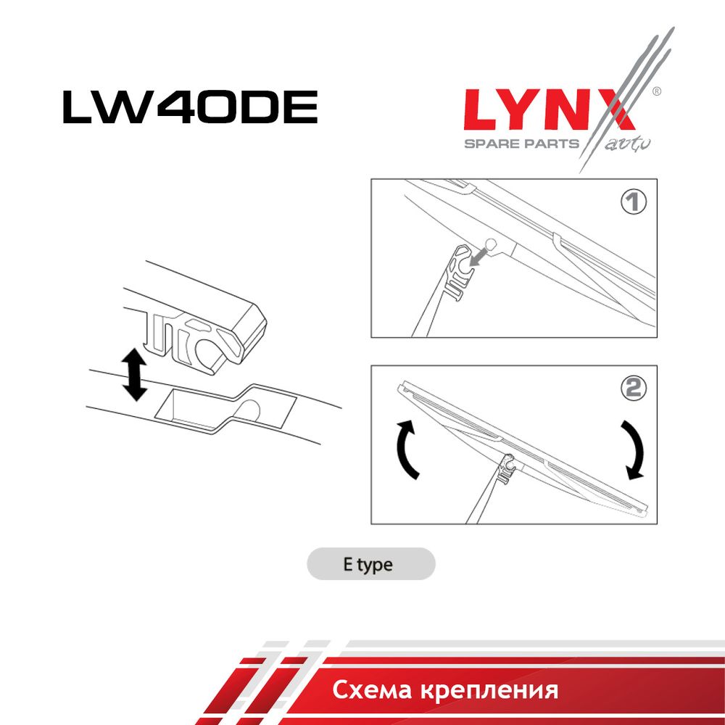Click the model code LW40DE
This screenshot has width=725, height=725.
[190, 107]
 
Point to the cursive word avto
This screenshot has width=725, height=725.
[627, 144]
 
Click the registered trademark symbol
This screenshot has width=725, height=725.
[656, 91]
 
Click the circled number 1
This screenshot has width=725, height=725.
[633, 202]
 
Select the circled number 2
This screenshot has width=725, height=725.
[633, 389]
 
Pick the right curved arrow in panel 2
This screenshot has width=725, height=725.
[634, 449]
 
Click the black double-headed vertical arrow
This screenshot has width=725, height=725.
[134, 374]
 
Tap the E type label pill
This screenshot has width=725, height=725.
[370, 564]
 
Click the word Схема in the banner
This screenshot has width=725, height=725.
[371, 690]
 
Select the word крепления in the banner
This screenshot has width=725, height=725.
[489, 691]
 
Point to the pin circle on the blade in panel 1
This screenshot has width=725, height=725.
[490, 243]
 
